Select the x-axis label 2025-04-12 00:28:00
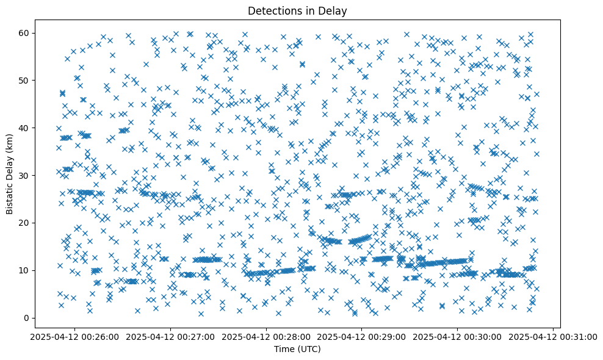pos(265,336)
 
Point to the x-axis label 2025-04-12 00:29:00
pos(361,336)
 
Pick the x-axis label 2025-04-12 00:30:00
pos(457,336)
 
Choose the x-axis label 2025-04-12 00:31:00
pos(553,336)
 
